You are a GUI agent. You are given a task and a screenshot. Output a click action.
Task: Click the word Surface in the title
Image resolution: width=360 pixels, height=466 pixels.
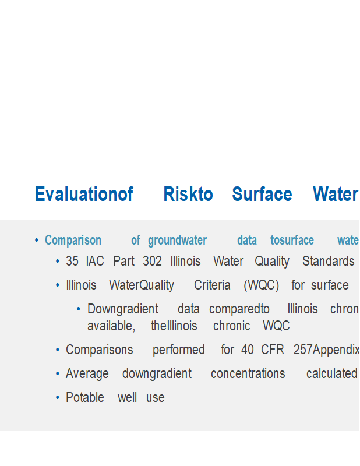point(262,194)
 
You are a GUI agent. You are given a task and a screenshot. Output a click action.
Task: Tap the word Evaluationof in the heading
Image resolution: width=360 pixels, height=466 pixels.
point(84,194)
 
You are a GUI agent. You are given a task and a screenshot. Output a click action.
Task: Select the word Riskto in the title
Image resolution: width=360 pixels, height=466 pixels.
point(188,194)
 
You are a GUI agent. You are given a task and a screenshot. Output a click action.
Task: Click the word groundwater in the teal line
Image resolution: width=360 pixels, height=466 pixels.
point(177,241)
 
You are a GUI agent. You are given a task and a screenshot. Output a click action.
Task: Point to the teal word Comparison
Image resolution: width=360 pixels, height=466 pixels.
point(73,240)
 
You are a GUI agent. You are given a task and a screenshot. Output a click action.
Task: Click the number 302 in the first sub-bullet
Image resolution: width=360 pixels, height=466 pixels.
point(152,261)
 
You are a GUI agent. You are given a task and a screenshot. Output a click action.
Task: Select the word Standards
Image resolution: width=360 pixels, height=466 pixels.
point(328,261)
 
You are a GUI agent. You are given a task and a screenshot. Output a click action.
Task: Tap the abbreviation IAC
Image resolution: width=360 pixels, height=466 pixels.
point(95,261)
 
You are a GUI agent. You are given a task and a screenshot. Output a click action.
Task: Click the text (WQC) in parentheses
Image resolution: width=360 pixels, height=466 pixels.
point(262,285)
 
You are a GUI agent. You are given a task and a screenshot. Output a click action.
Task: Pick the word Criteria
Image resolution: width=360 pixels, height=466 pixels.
point(212,285)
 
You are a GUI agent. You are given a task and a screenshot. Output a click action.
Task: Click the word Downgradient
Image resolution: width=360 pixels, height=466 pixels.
point(123,309)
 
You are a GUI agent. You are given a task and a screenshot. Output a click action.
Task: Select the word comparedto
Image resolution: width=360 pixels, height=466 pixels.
point(239,309)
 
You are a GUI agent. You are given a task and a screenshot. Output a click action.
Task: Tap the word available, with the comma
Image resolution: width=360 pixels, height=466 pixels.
point(111,326)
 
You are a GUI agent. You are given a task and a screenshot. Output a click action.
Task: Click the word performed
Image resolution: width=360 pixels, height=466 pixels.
point(179,350)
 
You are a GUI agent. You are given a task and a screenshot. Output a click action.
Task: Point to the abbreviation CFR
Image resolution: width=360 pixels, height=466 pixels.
point(273,350)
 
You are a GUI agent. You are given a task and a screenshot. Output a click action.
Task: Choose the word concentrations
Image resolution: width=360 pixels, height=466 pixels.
point(248,374)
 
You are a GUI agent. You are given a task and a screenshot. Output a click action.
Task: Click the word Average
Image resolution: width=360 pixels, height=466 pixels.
point(87,374)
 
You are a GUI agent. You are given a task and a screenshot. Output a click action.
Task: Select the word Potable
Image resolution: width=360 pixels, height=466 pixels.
point(85,398)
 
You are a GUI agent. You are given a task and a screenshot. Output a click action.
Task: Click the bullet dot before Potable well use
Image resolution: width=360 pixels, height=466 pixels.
point(58,398)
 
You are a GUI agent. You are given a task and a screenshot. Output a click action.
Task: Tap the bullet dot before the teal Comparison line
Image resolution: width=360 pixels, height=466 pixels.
point(37,240)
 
